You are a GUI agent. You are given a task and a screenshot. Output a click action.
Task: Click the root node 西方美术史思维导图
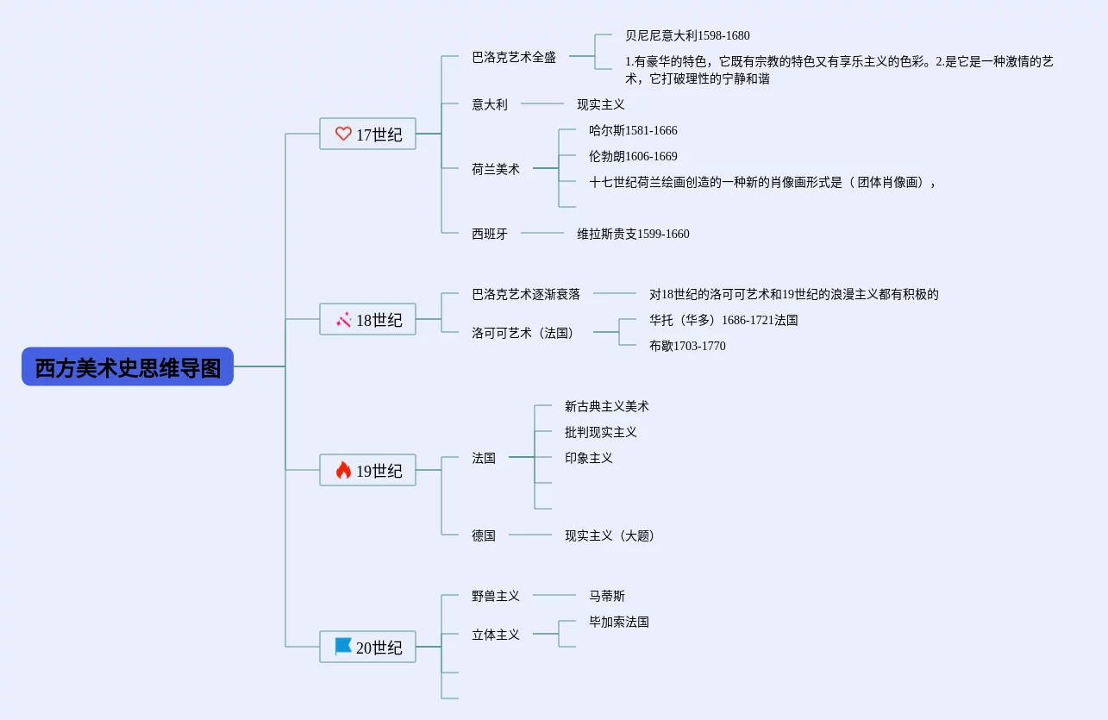128,366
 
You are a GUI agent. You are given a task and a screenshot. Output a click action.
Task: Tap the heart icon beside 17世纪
343,134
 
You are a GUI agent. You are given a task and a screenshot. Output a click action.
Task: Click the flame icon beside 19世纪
343,470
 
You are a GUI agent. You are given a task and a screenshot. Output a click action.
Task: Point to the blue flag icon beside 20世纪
343,646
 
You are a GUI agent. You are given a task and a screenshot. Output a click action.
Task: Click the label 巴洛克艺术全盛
514,57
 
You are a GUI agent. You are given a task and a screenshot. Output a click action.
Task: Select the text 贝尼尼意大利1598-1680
687,35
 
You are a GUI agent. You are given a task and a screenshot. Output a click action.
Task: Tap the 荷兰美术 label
496,169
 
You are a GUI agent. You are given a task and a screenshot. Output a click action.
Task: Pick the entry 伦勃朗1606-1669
633,156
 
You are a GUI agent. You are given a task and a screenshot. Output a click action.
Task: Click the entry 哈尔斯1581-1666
633,130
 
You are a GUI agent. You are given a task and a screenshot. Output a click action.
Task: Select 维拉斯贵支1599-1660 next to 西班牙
633,234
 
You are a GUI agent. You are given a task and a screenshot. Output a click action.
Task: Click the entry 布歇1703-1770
687,346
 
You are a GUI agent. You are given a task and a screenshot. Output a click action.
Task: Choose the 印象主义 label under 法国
589,458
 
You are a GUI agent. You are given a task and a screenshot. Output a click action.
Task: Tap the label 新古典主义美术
607,406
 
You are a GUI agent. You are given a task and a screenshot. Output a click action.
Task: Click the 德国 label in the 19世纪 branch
484,535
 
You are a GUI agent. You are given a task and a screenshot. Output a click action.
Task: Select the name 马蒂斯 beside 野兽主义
607,596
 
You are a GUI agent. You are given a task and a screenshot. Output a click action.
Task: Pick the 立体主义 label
496,635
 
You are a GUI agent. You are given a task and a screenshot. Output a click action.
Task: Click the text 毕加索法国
619,622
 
